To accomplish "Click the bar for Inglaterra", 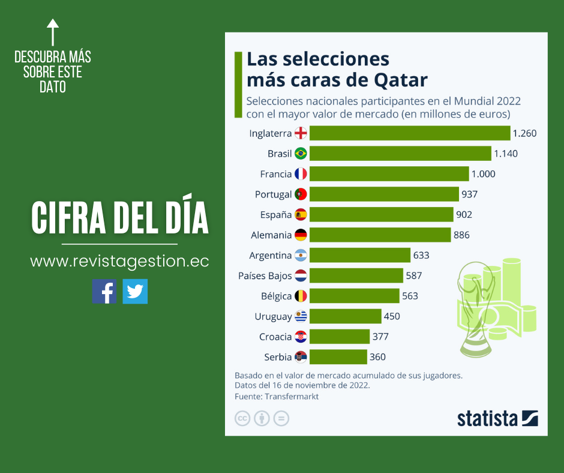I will click(x=409, y=133).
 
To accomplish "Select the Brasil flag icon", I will click(x=301, y=154).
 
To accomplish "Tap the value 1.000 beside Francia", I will click(x=484, y=174).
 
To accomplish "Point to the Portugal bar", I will click(x=384, y=194).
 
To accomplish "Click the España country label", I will click(x=276, y=215).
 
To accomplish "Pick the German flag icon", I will click(x=301, y=235).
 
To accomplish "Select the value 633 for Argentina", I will click(x=421, y=255).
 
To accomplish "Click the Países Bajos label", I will click(x=265, y=276).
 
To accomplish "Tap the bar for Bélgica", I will click(x=354, y=296).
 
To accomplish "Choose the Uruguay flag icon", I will click(x=301, y=316).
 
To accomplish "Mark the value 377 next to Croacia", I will click(x=380, y=337).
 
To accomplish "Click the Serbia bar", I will click(x=338, y=357).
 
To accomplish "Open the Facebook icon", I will click(x=104, y=292).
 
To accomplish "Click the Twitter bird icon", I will click(x=135, y=292).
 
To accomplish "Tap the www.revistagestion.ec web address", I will click(x=119, y=262).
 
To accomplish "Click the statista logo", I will click(x=497, y=418).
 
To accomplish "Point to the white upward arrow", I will click(x=53, y=31).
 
